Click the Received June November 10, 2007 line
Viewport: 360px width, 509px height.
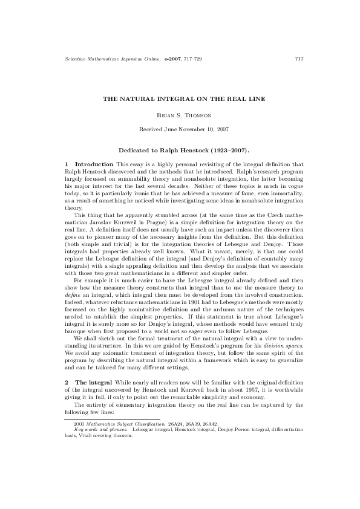180,129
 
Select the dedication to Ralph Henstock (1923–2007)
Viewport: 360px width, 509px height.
180,149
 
